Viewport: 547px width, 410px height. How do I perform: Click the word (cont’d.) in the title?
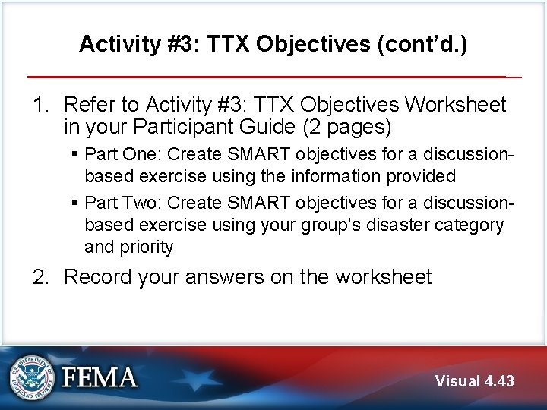pyautogui.click(x=422, y=44)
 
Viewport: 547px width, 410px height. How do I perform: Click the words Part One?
pyautogui.click(x=122, y=154)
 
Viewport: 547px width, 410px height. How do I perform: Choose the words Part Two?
pyautogui.click(x=122, y=203)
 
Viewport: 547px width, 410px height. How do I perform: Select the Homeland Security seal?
pyautogui.click(x=32, y=377)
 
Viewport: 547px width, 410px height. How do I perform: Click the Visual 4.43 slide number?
pyautogui.click(x=474, y=381)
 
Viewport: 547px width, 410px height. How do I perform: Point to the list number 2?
pyautogui.click(x=40, y=277)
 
